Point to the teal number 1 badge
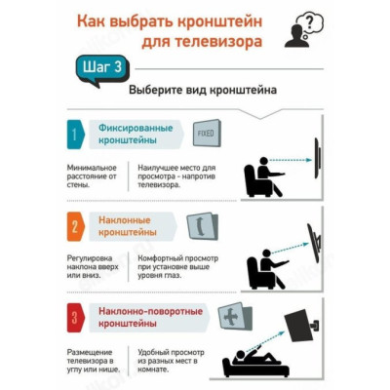[75, 135]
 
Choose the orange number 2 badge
[75, 226]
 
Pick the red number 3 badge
[75, 318]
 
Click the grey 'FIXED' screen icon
[207, 134]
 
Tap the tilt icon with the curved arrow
[203, 226]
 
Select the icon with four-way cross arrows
[234, 316]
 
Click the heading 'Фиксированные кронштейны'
[136, 135]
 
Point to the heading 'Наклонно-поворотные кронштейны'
[151, 317]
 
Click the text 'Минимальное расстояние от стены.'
[92, 176]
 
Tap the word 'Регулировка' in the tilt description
[90, 258]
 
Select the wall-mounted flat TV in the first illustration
[318, 158]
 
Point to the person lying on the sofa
[256, 356]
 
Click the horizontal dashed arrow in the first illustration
[291, 160]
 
